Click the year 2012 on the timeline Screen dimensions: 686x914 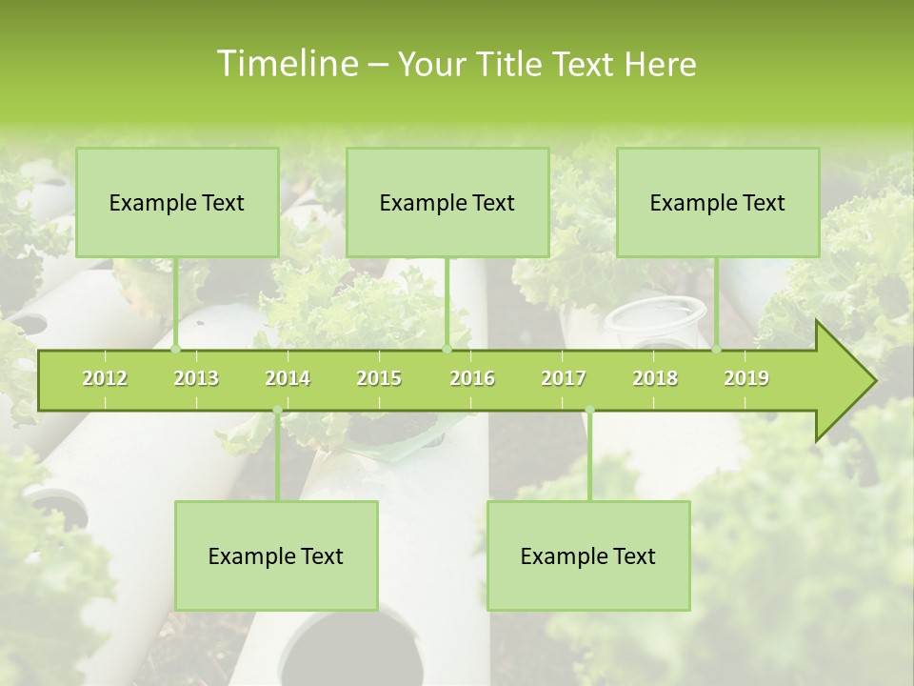(x=105, y=378)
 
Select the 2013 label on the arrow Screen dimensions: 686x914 (x=196, y=378)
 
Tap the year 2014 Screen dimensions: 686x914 (x=288, y=378)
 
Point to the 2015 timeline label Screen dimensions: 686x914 (x=379, y=378)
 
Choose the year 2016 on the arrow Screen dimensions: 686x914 (x=472, y=378)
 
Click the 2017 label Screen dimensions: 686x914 (x=564, y=378)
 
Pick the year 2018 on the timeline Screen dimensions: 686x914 (x=655, y=378)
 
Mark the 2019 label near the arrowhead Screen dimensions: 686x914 (x=746, y=378)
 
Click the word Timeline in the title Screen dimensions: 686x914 (x=285, y=64)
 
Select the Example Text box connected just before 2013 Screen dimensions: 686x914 (x=177, y=202)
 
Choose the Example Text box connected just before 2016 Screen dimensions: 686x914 (x=447, y=202)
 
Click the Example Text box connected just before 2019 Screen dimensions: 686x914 (x=718, y=202)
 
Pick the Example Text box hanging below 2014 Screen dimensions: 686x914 (x=276, y=555)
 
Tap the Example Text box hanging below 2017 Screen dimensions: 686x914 (x=588, y=555)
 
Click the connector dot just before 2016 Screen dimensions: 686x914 (x=447, y=350)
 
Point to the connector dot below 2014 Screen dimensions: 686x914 (x=277, y=411)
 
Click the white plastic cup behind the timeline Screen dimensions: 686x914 (x=657, y=320)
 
